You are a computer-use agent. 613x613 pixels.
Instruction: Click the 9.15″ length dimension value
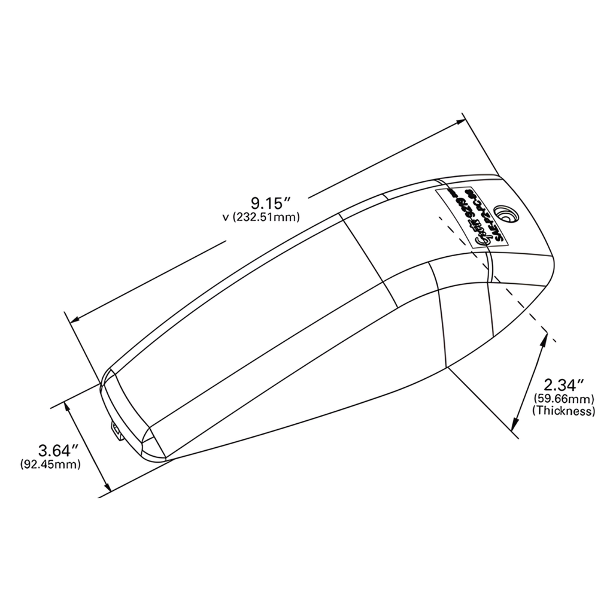point(265,201)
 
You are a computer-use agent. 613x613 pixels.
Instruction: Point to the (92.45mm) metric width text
point(51,464)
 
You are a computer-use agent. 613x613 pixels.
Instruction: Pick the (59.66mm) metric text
point(563,398)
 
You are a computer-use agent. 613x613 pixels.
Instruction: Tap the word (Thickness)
point(563,411)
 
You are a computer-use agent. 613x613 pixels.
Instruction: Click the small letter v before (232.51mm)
point(225,217)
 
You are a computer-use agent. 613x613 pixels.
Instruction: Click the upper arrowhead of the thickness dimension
point(544,337)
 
